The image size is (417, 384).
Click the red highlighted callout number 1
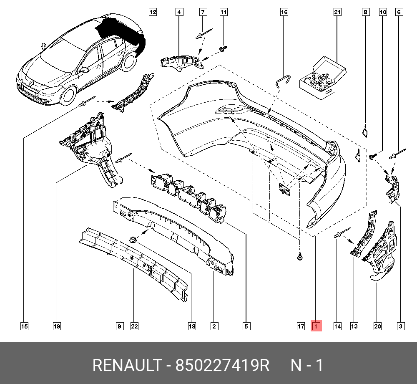click(x=316, y=326)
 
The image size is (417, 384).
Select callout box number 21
click(x=337, y=13)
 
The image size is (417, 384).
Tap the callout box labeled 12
click(x=153, y=13)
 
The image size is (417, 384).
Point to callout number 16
click(x=284, y=13)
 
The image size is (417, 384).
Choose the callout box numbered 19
click(x=57, y=326)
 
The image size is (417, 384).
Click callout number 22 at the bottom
click(x=134, y=326)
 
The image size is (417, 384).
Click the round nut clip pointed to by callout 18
click(x=133, y=240)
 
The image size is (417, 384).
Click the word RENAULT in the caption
click(x=126, y=366)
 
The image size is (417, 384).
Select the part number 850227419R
click(x=223, y=366)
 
